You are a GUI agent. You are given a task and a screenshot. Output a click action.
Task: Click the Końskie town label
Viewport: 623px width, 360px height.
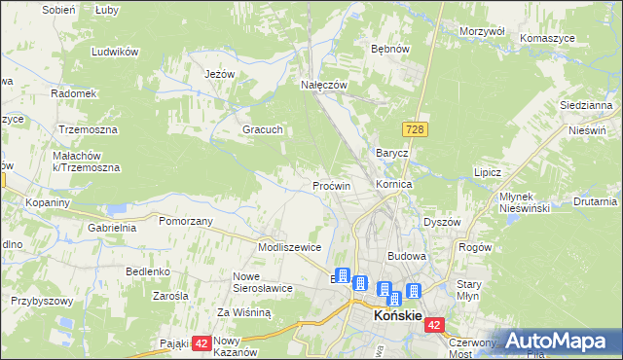tap(397, 317)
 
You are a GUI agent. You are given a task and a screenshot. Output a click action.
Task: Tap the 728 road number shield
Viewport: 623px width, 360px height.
tap(415, 129)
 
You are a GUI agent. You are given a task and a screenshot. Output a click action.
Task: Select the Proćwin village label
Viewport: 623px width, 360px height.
tap(331, 185)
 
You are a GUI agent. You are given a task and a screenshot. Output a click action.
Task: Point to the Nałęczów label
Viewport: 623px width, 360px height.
tap(323, 86)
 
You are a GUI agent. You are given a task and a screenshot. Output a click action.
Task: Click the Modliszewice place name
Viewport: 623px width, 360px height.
tap(289, 247)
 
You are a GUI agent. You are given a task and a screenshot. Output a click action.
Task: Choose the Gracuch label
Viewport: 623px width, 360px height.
tap(262, 129)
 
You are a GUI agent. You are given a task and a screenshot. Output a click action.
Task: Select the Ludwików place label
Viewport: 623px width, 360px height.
tap(111, 52)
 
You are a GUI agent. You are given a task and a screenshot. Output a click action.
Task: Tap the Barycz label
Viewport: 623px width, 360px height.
tap(391, 154)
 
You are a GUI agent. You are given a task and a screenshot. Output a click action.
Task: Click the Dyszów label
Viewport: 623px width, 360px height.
tap(441, 222)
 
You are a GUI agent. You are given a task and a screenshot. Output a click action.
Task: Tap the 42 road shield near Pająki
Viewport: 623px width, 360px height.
tap(202, 342)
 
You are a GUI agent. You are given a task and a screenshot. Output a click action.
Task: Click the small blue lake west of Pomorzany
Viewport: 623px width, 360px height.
tap(117, 208)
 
